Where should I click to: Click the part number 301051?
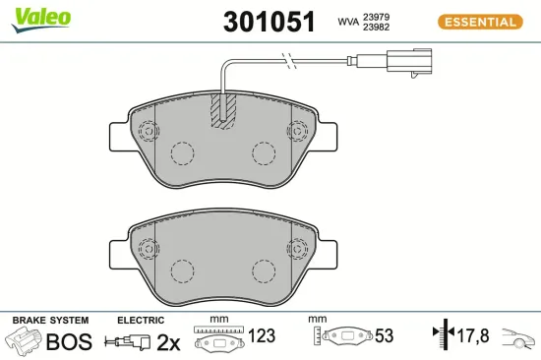pos(270,21)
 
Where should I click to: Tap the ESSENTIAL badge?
pos(479,22)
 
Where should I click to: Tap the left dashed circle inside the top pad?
pos(182,153)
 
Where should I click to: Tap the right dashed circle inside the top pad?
pos(264,153)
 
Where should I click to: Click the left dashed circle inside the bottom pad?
pos(182,270)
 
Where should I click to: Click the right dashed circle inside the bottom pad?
pos(264,270)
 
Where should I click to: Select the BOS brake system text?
pos(70,342)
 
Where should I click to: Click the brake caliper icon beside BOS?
pos(26,341)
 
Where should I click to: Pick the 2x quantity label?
pos(169,342)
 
